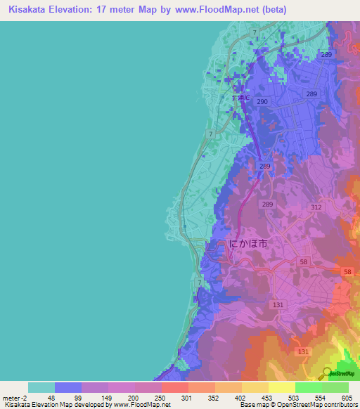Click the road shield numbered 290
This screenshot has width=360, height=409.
(262, 102)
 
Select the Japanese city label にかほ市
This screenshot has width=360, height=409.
(248, 243)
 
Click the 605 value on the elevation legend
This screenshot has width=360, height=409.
(348, 398)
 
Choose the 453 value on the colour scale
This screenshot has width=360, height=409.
(268, 398)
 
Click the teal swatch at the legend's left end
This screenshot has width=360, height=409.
(41, 387)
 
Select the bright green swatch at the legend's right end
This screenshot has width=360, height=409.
(335, 387)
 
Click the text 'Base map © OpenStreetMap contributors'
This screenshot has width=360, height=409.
(297, 405)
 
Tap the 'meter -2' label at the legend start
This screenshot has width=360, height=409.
(15, 398)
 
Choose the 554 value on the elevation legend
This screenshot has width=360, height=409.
(321, 398)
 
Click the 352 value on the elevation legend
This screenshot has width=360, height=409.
(214, 398)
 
